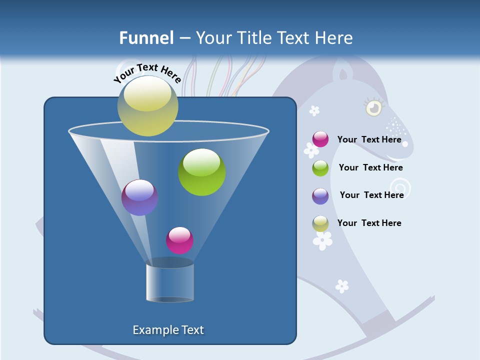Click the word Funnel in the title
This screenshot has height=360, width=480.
coord(146,38)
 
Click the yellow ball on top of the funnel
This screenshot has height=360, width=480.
coord(148,105)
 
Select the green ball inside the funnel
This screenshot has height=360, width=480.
coord(202,172)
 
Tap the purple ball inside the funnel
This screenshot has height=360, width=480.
coord(139,197)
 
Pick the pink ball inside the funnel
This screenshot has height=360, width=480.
coord(179,240)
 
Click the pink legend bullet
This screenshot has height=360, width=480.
coord(320,139)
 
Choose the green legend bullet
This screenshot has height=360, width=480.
coord(320,168)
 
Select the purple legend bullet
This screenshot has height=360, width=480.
coord(320,196)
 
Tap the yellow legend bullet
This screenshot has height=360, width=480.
coord(320,223)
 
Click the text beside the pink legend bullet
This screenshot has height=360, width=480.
coord(369,139)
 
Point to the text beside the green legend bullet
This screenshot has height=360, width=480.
coord(370,167)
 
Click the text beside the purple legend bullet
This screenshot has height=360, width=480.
coord(371,195)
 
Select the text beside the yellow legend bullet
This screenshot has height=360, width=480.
coord(369,223)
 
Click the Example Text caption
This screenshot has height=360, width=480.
coord(168,330)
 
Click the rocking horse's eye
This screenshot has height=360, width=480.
coord(373,107)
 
